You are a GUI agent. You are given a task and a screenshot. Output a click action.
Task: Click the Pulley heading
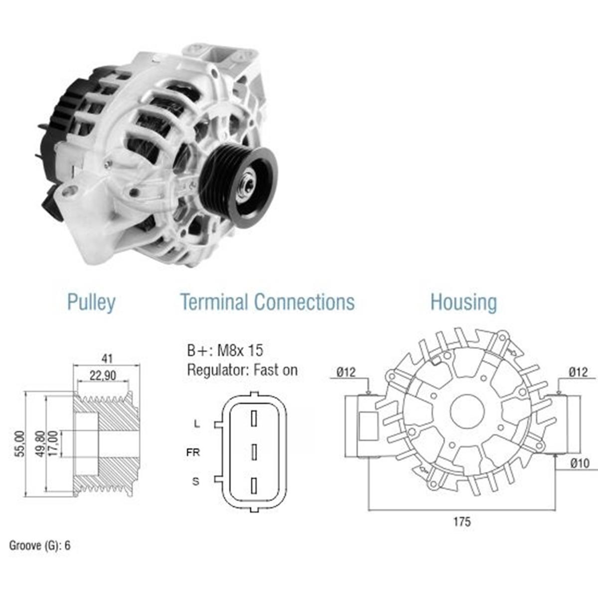pos(91,302)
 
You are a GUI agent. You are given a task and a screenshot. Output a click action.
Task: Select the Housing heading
pos(463,302)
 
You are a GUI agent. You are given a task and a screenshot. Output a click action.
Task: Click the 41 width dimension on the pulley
pos(107,359)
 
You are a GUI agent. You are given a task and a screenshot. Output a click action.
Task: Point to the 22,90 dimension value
pos(103,376)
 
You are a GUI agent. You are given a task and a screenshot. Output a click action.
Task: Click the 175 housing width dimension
pos(462,522)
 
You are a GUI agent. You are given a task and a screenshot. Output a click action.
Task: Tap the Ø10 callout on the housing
pos(580,463)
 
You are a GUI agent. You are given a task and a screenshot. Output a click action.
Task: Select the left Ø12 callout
pos(346,372)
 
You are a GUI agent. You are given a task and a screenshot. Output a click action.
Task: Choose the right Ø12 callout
pos(579,372)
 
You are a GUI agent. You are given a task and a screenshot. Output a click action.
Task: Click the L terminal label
pos(197,423)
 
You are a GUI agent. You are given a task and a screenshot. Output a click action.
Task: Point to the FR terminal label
pos(193,452)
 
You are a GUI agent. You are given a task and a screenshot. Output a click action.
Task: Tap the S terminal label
pos(196,481)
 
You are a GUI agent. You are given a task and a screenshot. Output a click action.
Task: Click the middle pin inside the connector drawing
pos(254,452)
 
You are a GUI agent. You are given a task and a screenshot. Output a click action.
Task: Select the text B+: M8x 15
pos(225,351)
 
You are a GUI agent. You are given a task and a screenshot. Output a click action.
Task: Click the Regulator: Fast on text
pos(242,370)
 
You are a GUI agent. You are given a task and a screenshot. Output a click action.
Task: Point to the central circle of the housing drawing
pos(467,412)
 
